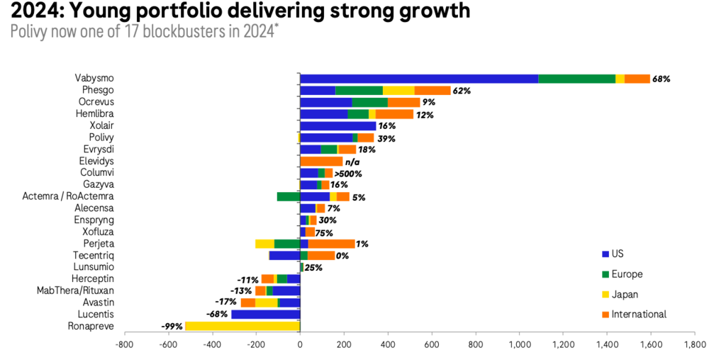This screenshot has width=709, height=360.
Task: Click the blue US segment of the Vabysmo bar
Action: point(418,79)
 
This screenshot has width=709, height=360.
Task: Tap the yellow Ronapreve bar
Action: point(242,326)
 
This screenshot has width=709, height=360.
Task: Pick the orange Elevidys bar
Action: point(321,162)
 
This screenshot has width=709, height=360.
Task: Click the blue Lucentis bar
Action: point(265,314)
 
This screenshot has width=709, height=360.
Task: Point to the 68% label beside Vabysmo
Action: point(661,79)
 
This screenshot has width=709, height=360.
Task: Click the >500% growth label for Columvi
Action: point(348,173)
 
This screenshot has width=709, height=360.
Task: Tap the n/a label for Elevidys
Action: point(353,162)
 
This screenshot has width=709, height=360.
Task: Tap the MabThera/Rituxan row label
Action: point(75,291)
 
